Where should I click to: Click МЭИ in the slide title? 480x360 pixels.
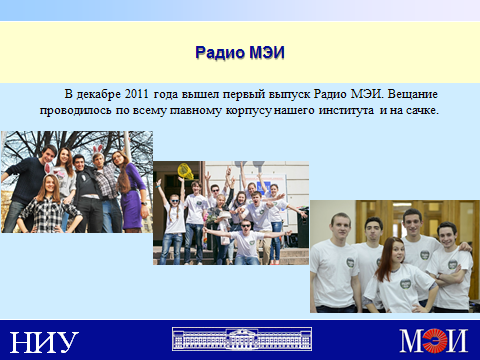[x=267, y=52]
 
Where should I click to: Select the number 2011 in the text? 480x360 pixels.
[x=137, y=94]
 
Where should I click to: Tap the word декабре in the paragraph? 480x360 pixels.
[x=98, y=94]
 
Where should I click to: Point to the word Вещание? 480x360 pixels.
[x=413, y=94]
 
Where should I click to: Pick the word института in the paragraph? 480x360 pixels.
[x=346, y=110]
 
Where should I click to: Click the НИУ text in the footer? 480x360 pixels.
[x=44, y=342]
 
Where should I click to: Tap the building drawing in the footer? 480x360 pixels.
[x=242, y=339]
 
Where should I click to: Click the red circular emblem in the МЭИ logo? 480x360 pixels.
[x=435, y=340]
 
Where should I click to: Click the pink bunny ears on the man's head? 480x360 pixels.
[x=97, y=149]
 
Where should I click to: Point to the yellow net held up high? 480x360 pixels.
[x=185, y=171]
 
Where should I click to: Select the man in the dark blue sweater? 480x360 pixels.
[x=28, y=188]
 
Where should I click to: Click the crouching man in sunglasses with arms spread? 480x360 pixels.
[x=247, y=242]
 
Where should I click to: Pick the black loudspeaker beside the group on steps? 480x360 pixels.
[x=303, y=227]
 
